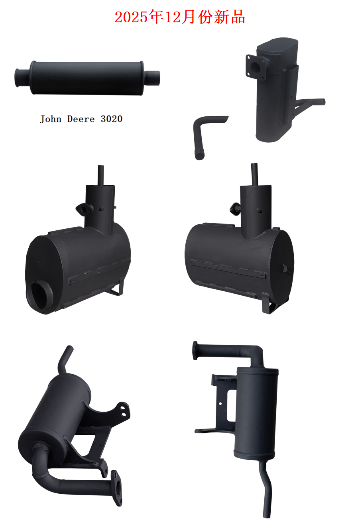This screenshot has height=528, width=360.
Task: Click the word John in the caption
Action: pyautogui.click(x=51, y=119)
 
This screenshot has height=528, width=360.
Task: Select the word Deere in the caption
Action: pyautogui.click(x=81, y=119)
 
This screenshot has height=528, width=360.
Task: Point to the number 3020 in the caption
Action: pyautogui.click(x=112, y=119)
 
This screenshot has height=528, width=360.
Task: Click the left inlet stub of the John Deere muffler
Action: pyautogui.click(x=22, y=78)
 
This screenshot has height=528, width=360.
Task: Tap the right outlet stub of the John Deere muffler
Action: pyautogui.click(x=152, y=78)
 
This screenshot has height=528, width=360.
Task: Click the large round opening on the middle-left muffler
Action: pyautogui.click(x=39, y=295)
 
